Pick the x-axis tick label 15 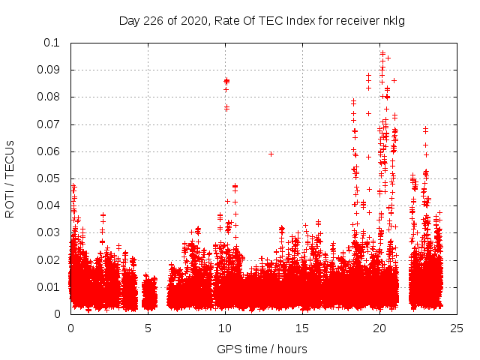[302, 328]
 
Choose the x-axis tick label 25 [457, 328]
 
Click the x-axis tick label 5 [148, 328]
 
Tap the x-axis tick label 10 [225, 328]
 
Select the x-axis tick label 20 [379, 328]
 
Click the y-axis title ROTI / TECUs [10, 178]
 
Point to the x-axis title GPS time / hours [262, 349]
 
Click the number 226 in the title [154, 20]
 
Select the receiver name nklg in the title [393, 20]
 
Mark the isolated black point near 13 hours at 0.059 [271, 154]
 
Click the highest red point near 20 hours [382, 53]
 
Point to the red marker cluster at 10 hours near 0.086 [226, 80]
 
